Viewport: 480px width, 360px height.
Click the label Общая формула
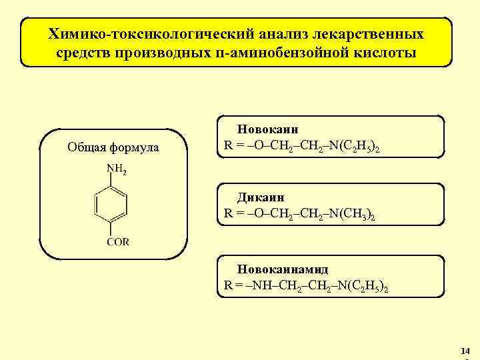(113, 147)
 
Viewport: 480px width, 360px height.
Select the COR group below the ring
(118, 241)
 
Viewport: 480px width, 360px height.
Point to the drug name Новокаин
(268, 129)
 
